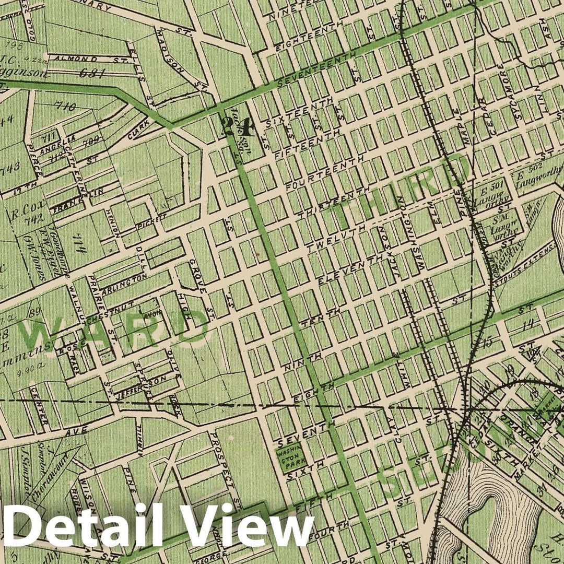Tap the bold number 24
tap(230, 127)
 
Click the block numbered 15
tap(488, 343)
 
